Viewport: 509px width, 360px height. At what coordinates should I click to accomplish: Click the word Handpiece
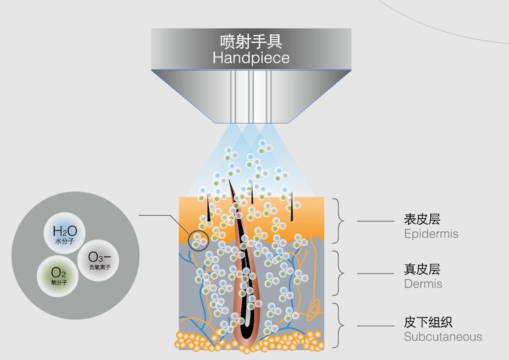click(x=251, y=58)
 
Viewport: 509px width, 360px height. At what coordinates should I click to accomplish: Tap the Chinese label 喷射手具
click(x=251, y=41)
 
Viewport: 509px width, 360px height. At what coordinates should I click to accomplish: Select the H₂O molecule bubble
click(x=65, y=233)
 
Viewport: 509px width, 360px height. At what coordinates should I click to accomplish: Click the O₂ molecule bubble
click(x=58, y=276)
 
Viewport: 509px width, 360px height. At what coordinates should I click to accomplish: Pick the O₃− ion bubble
click(x=98, y=260)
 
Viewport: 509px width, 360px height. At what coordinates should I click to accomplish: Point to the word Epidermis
click(x=431, y=234)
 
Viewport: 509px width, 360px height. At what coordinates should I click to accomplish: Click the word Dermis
click(x=423, y=284)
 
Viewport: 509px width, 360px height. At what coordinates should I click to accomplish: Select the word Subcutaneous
click(x=443, y=337)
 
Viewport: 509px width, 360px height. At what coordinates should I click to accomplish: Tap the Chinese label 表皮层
click(x=422, y=219)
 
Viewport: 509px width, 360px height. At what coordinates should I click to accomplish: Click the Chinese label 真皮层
click(x=422, y=269)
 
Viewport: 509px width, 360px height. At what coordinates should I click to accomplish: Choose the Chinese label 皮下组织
click(x=428, y=322)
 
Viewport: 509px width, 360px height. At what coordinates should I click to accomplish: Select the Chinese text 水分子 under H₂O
click(x=65, y=241)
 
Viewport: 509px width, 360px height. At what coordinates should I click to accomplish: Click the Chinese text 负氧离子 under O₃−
click(x=100, y=267)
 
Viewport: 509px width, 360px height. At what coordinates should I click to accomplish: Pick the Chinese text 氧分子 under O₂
click(x=59, y=283)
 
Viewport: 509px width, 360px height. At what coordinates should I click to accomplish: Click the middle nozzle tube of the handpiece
click(x=251, y=96)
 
